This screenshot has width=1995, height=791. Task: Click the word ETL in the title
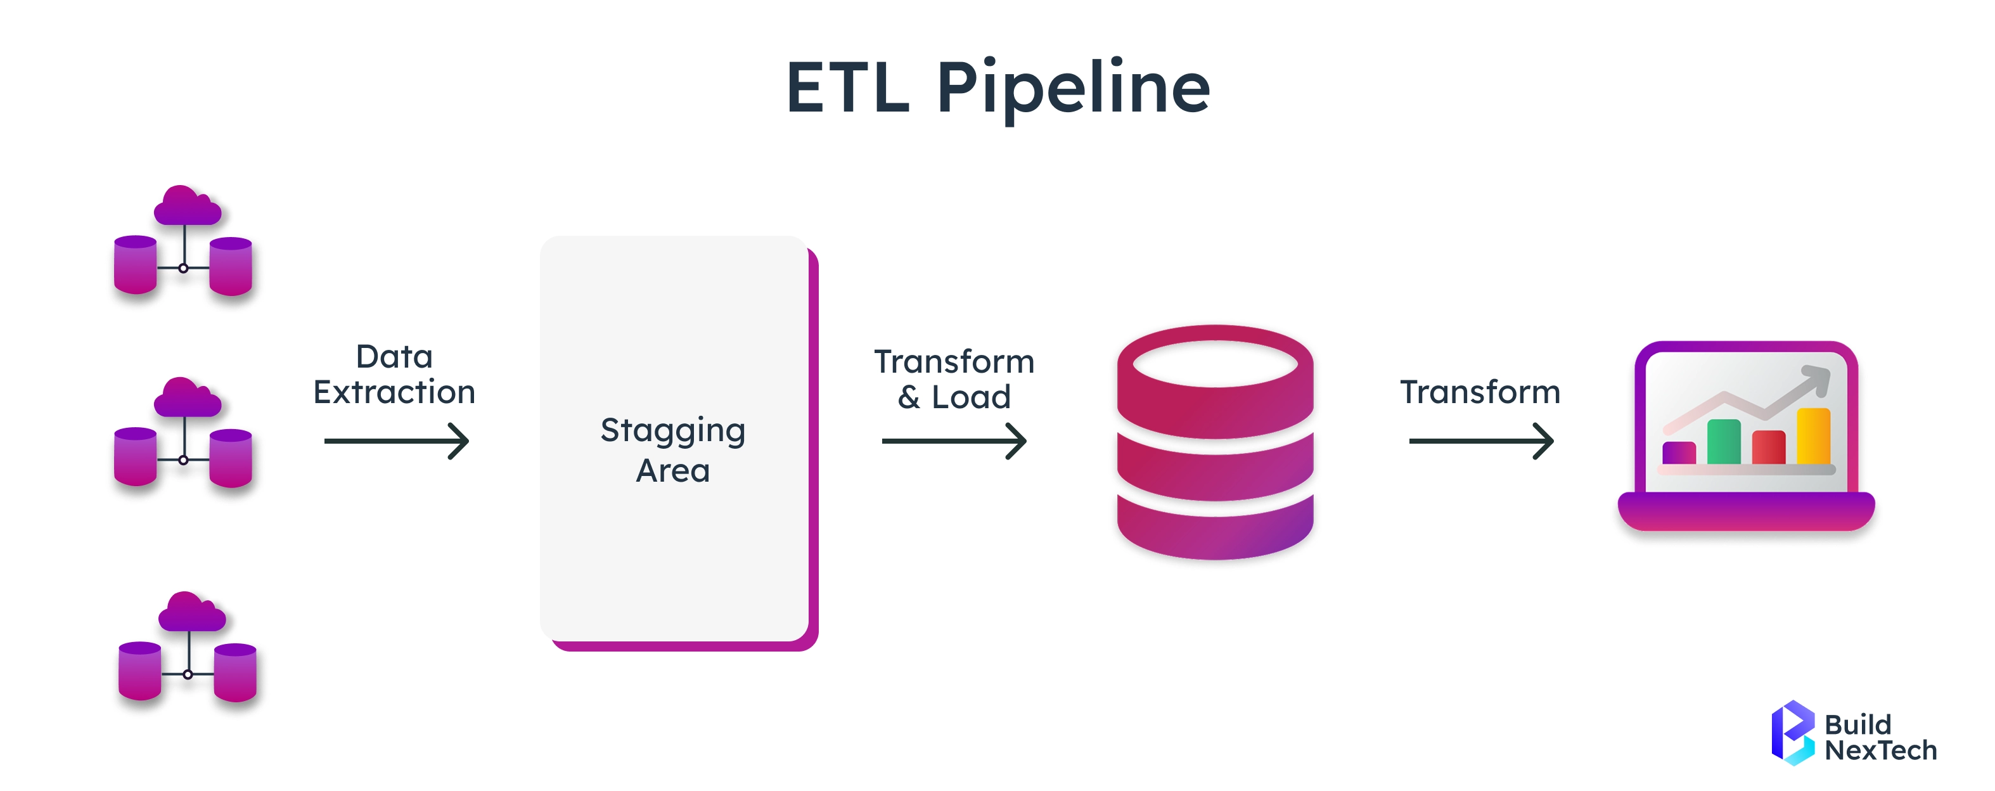(847, 89)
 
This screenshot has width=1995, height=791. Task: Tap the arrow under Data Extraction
(397, 441)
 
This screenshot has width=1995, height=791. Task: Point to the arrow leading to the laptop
(1481, 441)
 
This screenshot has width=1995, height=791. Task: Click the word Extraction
(394, 392)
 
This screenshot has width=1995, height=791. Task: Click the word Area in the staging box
(672, 471)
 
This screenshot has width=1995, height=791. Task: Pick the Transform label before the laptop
(1480, 392)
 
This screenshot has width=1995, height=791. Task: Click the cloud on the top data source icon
(187, 206)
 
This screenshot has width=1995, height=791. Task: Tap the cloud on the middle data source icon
(187, 398)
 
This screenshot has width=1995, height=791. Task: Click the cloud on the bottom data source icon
(191, 612)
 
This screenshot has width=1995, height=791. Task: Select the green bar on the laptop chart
(1723, 442)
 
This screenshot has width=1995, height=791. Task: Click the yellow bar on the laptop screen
(1813, 436)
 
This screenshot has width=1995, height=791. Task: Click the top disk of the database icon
(1214, 380)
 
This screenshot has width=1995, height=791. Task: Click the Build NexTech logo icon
(1792, 732)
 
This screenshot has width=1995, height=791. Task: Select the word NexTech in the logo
(1880, 750)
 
